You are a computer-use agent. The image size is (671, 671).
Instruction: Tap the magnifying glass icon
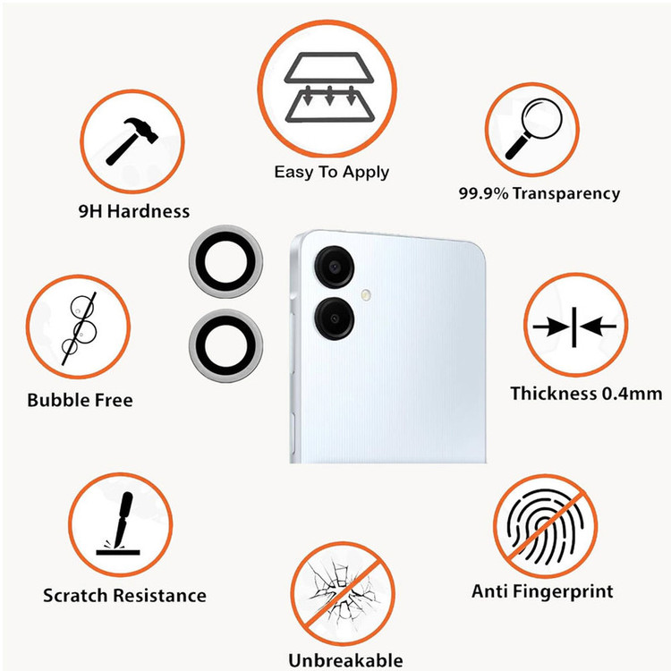click(x=533, y=129)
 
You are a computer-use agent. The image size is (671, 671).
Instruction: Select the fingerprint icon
click(x=545, y=526)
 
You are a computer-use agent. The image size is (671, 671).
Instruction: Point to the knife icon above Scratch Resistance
click(x=119, y=523)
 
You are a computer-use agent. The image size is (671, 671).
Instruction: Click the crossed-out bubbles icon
click(x=79, y=327)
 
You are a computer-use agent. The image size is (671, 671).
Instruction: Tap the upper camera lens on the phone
click(x=335, y=267)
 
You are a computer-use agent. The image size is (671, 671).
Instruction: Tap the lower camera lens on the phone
click(x=335, y=319)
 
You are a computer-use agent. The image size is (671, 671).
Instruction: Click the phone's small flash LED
click(x=365, y=294)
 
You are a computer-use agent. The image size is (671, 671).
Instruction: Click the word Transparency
click(x=566, y=194)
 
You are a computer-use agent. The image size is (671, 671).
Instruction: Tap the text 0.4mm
click(x=632, y=394)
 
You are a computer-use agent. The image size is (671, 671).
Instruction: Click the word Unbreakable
click(x=345, y=660)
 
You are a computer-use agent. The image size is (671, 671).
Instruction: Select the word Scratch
click(x=75, y=596)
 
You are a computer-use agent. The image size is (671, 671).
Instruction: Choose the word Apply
click(x=365, y=173)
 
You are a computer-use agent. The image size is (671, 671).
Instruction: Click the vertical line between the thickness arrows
click(x=573, y=327)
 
